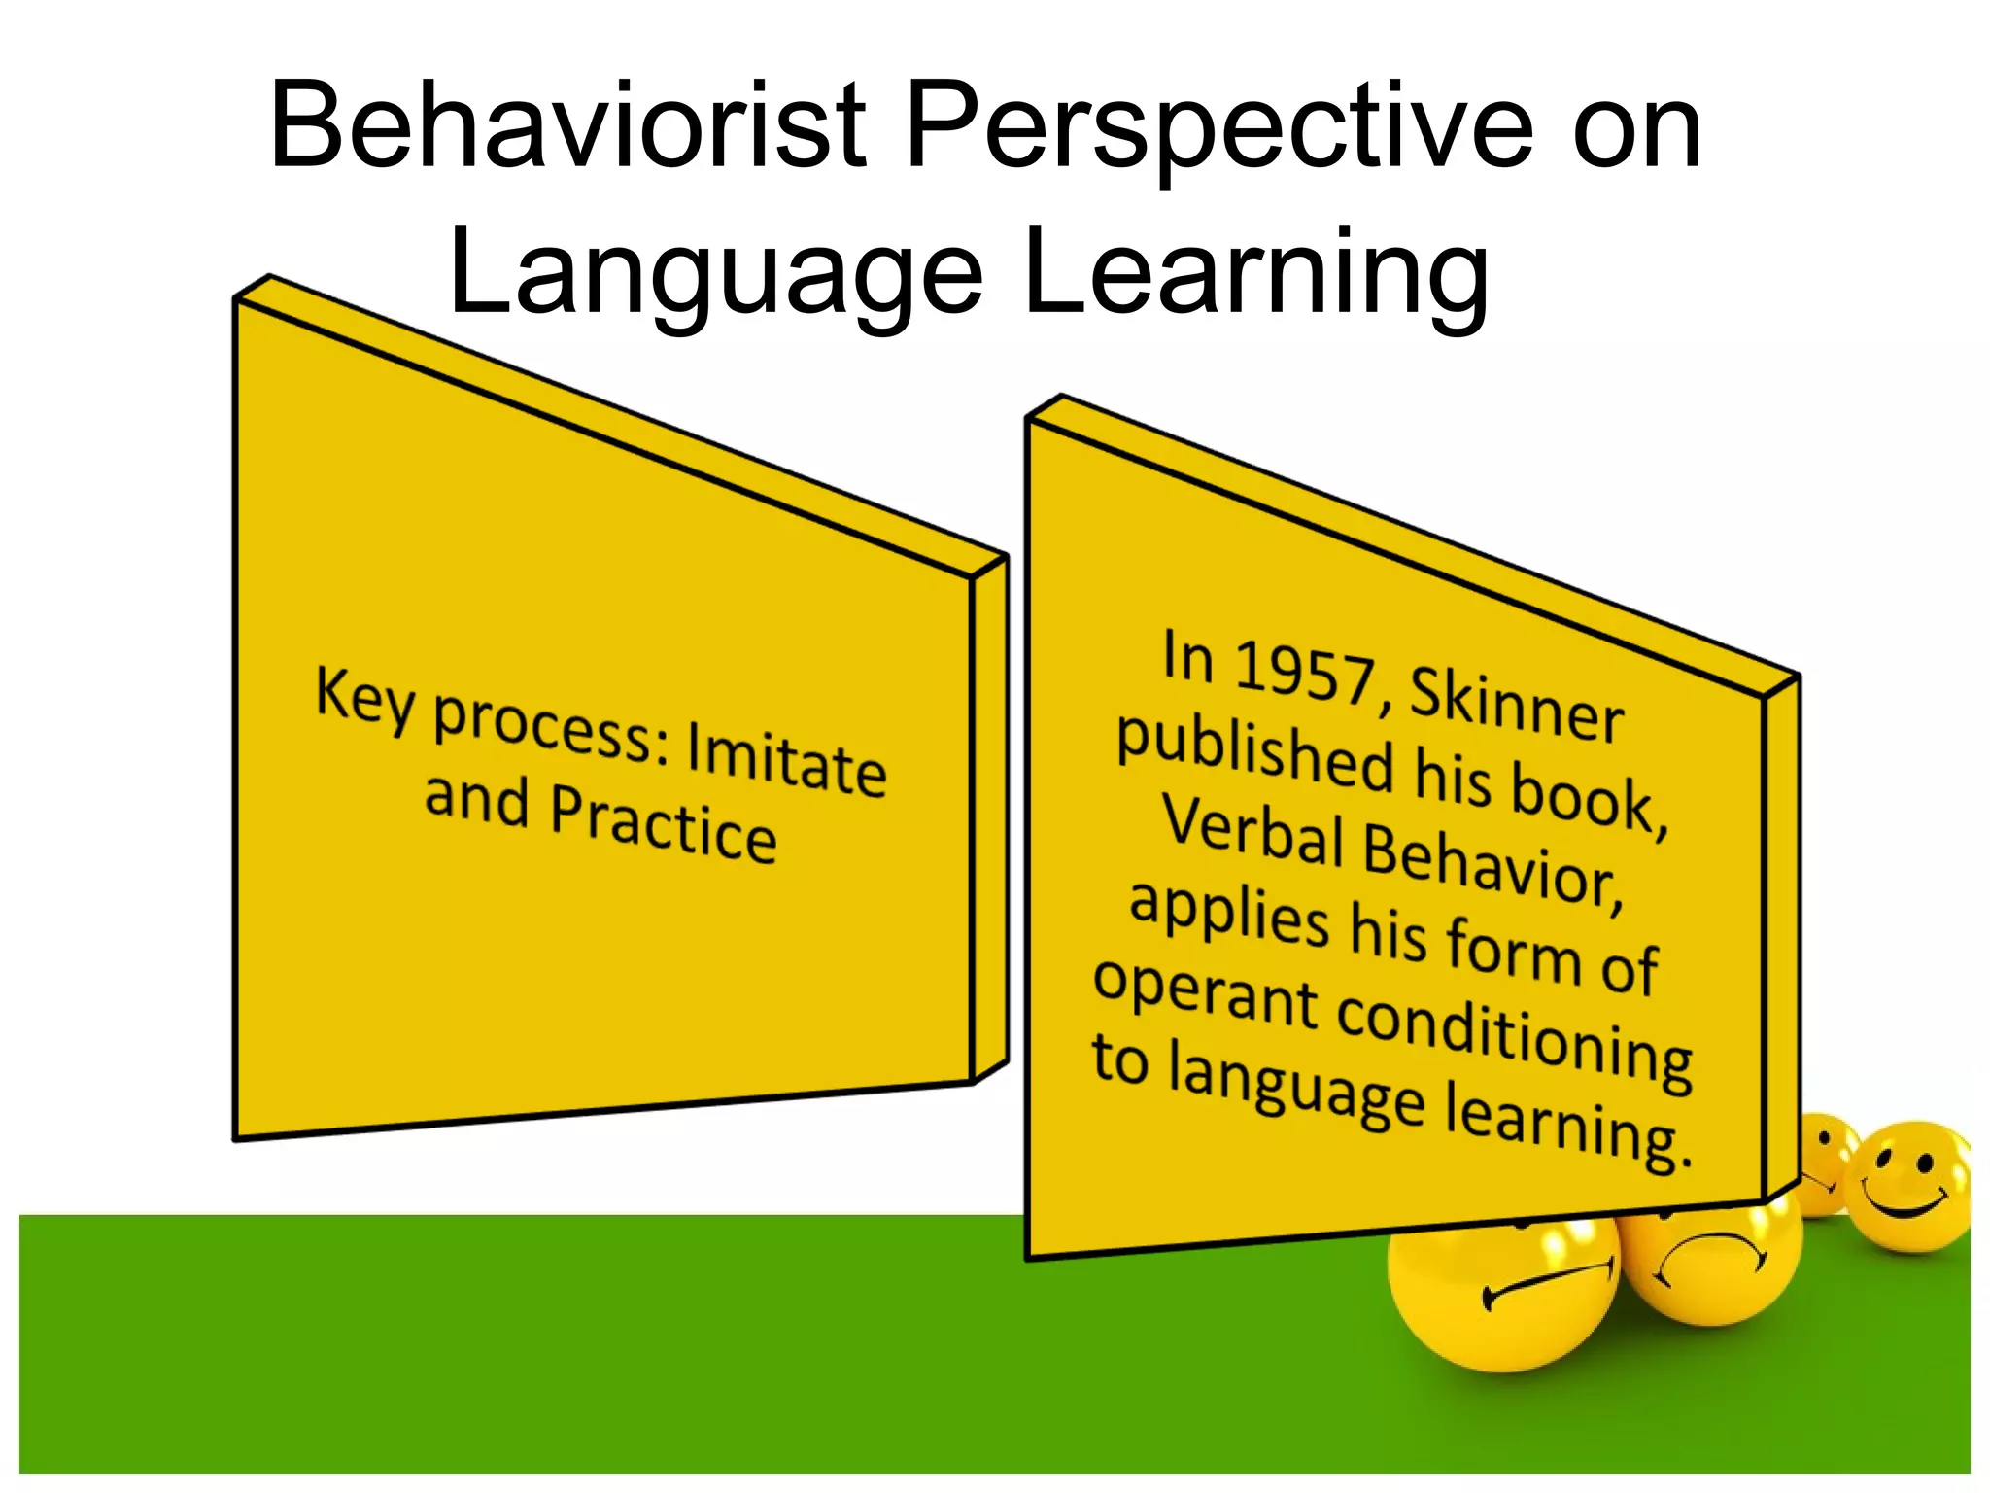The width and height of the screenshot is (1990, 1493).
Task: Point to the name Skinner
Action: [1516, 706]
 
